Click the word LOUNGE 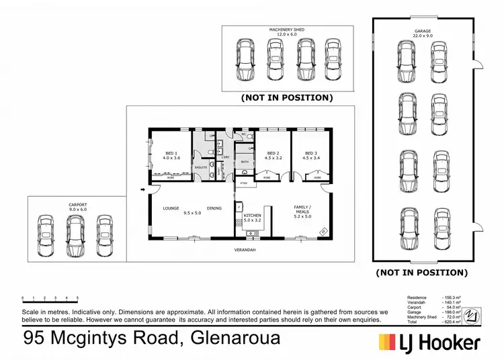171,208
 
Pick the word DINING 214,208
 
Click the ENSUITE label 201,167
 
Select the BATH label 245,162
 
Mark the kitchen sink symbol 253,233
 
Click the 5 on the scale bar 77,297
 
